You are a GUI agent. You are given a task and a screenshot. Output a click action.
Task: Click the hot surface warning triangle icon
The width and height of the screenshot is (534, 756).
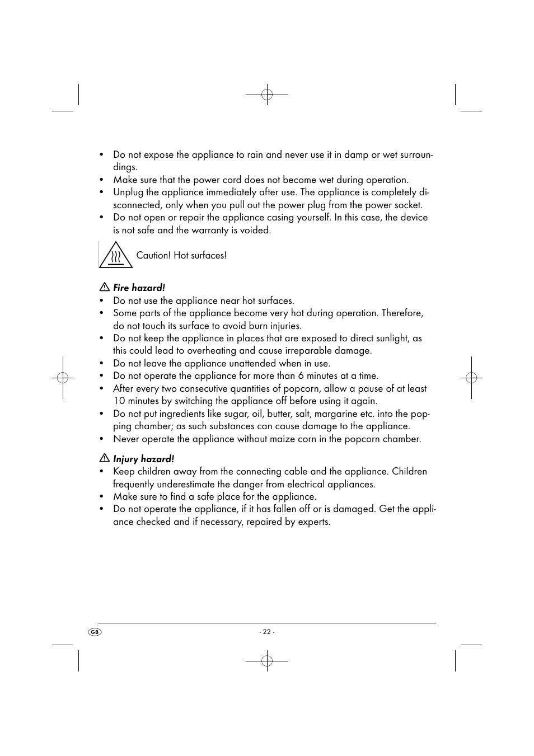pyautogui.click(x=115, y=256)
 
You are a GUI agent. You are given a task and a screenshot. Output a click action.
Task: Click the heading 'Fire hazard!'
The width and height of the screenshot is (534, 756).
pyautogui.click(x=139, y=288)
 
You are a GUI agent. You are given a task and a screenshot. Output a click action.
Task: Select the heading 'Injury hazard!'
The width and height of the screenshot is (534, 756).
pyautogui.click(x=143, y=459)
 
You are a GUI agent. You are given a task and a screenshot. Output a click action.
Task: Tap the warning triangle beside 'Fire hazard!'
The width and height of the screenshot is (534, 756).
pyautogui.click(x=104, y=287)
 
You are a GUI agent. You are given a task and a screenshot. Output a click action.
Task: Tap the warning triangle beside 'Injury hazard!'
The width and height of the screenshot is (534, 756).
pyautogui.click(x=104, y=458)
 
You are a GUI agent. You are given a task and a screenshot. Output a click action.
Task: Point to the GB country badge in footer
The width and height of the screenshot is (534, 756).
pyautogui.click(x=95, y=632)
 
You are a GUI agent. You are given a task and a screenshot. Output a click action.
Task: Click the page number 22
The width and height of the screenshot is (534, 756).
pyautogui.click(x=267, y=632)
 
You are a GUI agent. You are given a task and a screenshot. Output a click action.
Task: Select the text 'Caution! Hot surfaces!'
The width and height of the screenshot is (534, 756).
pyautogui.click(x=181, y=255)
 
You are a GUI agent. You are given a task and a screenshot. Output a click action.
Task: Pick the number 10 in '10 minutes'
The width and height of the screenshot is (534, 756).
pyautogui.click(x=119, y=401)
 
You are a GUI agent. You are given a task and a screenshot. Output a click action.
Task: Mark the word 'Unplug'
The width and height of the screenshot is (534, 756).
pyautogui.click(x=128, y=192)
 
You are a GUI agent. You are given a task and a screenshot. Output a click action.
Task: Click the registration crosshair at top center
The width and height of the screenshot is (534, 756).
pyautogui.click(x=267, y=95)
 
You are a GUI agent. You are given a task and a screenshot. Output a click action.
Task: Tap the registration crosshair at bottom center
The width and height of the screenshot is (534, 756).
pyautogui.click(x=267, y=661)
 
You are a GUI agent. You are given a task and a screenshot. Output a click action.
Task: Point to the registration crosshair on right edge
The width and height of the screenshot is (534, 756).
pyautogui.click(x=471, y=378)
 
